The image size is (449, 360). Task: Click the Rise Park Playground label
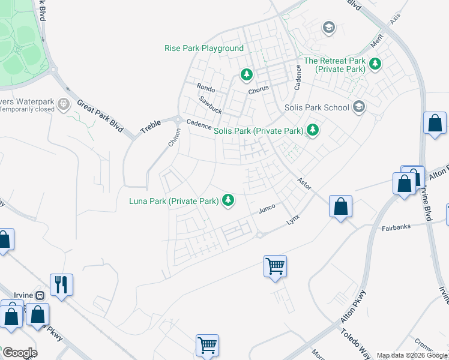coord(204,48)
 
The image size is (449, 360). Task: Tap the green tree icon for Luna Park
coord(228,201)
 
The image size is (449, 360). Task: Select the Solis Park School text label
coord(316,108)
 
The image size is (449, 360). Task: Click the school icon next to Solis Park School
coord(359,107)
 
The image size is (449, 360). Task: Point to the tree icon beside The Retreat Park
coord(375,64)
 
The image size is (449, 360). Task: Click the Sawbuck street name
coord(211,105)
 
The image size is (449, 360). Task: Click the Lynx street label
coord(292,220)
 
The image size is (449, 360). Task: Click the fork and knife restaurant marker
coord(61,284)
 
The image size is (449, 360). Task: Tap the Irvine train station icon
coord(40,296)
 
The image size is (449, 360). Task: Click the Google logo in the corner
coord(19,353)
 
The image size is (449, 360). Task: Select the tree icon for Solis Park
coord(312,130)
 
